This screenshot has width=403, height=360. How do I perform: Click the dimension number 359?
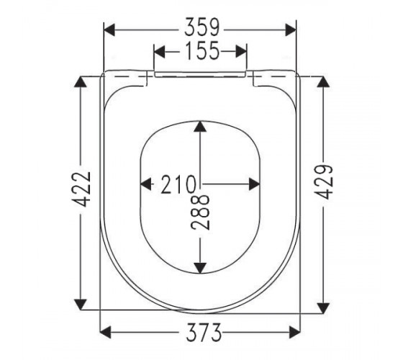(202, 27)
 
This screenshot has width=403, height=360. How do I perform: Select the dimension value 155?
(202, 50)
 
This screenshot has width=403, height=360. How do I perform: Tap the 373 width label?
(204, 332)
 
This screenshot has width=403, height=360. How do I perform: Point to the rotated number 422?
(82, 189)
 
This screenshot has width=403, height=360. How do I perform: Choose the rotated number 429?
(324, 181)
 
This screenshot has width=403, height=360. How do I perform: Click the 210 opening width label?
(178, 184)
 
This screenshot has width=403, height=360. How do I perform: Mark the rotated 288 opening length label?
(200, 212)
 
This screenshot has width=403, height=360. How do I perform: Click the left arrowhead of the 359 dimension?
(109, 30)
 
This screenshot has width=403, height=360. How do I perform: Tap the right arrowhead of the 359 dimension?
(291, 30)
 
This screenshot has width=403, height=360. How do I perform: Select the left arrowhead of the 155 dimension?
(159, 51)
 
